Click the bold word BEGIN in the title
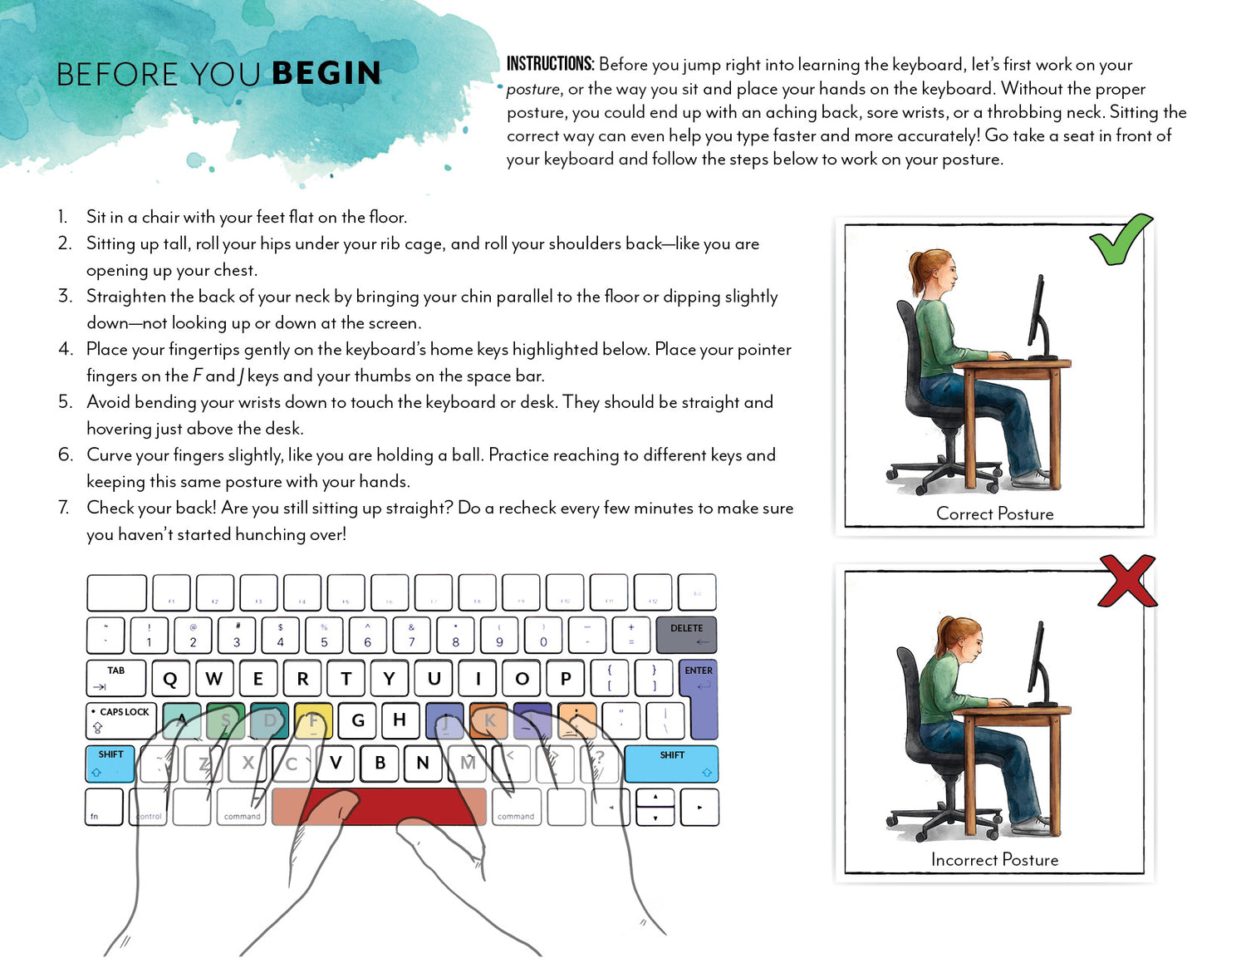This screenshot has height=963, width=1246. coord(326,73)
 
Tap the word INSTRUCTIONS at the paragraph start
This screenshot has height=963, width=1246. coord(550,64)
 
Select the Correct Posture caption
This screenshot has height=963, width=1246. coord(994,513)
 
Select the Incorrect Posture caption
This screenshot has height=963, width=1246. coord(994,859)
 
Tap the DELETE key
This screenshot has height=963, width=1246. coord(686,635)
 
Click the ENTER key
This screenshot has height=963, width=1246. coord(699,698)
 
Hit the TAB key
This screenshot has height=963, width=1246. coord(116,677)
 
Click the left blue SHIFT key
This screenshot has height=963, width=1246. coord(110,764)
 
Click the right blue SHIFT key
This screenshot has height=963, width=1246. coord(671,764)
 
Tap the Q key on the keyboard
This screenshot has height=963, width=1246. coord(170,678)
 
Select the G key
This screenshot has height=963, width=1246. coord(358,720)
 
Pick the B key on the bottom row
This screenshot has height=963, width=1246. coord(380,763)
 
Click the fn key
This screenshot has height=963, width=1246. coord(104,807)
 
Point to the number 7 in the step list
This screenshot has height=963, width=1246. coord(63,508)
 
